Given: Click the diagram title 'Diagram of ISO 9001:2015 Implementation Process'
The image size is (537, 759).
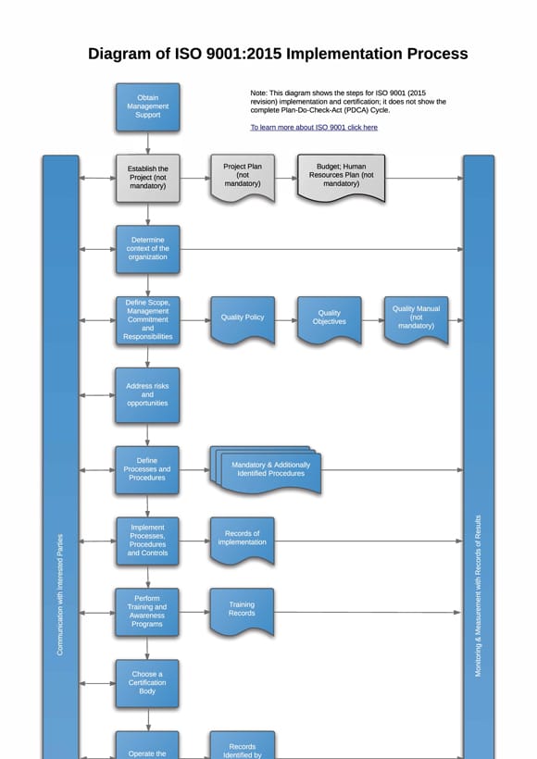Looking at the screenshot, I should (278, 54).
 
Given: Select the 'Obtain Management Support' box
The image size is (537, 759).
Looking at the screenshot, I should (147, 106).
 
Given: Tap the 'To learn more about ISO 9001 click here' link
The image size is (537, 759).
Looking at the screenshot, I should (314, 127).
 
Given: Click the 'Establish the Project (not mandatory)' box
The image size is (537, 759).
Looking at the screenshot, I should (147, 178).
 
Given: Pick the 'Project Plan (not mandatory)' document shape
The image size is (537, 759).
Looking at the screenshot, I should (243, 176).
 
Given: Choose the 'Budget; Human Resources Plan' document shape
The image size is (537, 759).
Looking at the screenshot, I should (341, 176).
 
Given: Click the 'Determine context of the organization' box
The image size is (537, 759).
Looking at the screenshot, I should (147, 248).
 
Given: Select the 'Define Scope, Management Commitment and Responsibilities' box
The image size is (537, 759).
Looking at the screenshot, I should (147, 319).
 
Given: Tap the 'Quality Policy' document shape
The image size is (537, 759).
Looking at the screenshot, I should (243, 317).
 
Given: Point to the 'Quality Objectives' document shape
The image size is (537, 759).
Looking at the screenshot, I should (329, 317).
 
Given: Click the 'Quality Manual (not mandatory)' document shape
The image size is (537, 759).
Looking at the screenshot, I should (416, 317).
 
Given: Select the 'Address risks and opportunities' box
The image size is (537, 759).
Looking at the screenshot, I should (147, 395).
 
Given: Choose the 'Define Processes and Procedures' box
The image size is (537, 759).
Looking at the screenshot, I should (147, 469).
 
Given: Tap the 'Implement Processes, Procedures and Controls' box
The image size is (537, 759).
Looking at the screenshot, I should (147, 541).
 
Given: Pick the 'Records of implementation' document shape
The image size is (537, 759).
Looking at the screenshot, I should (242, 538).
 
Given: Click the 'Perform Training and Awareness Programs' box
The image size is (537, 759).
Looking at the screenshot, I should (147, 612).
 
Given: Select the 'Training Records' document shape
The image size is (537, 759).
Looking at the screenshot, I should (242, 609).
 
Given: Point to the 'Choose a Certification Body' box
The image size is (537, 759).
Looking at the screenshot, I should (147, 683).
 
